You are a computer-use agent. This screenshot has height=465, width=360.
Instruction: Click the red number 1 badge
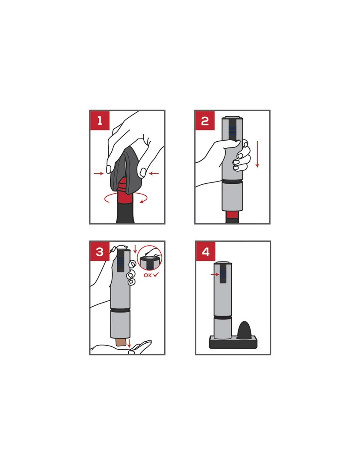[x=99, y=120]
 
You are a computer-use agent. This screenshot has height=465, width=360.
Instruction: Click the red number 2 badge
[x=205, y=120]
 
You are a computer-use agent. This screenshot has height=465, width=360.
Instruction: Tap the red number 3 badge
[x=99, y=251]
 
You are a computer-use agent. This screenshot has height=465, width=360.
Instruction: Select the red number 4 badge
[x=206, y=251]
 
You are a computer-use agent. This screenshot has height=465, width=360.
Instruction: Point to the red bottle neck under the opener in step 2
[x=232, y=215]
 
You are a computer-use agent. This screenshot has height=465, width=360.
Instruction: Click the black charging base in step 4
[x=233, y=342]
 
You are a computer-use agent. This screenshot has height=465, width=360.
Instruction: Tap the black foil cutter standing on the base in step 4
[x=245, y=329]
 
